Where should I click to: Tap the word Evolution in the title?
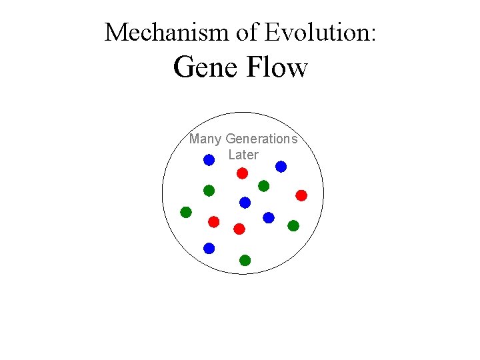319,32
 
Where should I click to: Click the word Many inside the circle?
205,139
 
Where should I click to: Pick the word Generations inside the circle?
261,139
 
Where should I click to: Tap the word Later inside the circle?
243,155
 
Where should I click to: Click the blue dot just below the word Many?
209,160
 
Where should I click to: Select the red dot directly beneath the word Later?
243,173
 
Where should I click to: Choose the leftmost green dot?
186,212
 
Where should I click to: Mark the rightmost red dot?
301,195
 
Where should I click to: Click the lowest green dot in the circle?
245,260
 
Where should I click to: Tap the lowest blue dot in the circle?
209,248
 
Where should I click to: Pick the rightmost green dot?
293,225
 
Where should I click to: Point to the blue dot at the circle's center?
245,202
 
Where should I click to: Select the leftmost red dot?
213,221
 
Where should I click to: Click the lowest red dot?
239,229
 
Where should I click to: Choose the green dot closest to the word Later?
263,186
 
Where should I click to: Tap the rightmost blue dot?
281,167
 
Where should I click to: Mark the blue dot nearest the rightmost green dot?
269,217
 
